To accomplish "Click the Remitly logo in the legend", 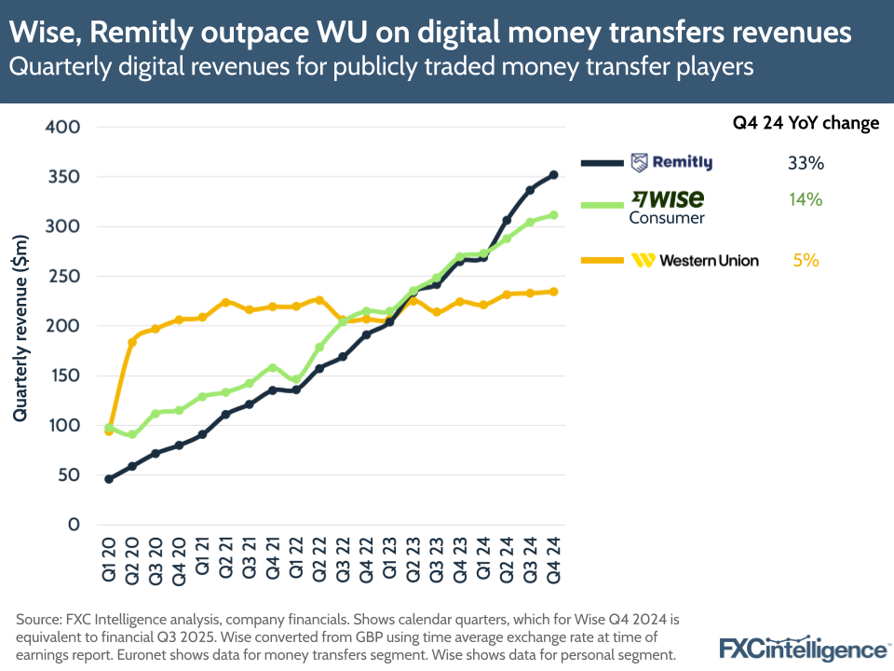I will pos(671,162).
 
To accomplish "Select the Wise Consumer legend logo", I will pos(668,206).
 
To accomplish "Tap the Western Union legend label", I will pos(695,260).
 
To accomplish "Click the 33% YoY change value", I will pos(806,163).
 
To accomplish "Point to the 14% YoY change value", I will pos(806,199).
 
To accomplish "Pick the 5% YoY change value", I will pos(806,260).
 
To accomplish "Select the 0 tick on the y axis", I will pos(74,525).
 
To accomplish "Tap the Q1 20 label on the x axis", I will pos(109,556).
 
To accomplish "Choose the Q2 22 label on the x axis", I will pos(319,556).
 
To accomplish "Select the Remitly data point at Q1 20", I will pos(109,479).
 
